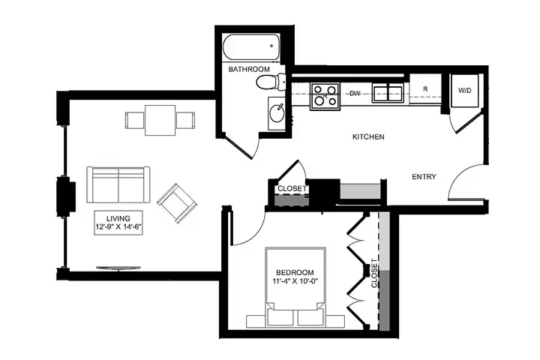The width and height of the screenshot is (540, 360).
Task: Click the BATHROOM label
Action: [249, 69]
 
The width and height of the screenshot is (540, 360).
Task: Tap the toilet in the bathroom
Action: [271, 82]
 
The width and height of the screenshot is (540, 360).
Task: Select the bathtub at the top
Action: [251, 47]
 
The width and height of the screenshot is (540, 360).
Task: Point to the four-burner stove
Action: [325, 96]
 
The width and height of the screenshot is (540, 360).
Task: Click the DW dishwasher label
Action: [355, 93]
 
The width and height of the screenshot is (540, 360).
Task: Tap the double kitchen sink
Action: [388, 93]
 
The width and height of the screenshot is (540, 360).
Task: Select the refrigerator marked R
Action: [425, 88]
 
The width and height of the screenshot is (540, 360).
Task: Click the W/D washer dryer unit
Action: [464, 91]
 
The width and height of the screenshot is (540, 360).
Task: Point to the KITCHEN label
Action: [368, 136]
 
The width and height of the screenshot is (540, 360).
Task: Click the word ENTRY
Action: [424, 177]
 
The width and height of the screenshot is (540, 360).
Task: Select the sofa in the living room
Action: [118, 185]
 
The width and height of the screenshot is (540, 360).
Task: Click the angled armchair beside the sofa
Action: [177, 203]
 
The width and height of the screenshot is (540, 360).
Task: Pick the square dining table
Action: [160, 120]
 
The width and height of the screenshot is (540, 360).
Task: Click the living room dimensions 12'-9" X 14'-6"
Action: [118, 227]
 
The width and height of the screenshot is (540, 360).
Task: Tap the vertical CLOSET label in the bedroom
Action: [374, 273]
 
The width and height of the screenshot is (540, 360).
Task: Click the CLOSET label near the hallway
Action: [292, 188]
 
